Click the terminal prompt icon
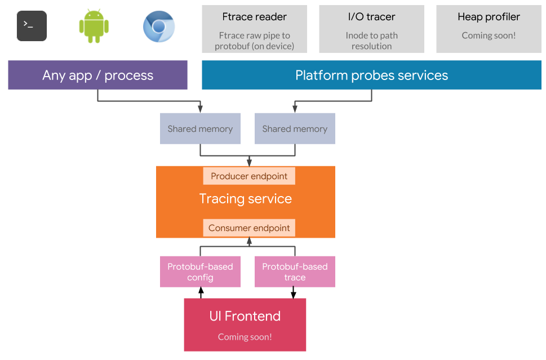coord(32,26)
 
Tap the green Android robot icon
coord(94,26)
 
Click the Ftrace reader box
coord(254,29)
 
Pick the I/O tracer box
coord(371,29)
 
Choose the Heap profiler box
coord(489,29)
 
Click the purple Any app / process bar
coord(97,75)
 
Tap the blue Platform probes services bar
coord(371,75)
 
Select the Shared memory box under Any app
coord(200,128)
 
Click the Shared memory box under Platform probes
coord(295,128)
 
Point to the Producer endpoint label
coord(249,176)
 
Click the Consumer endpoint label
coord(249,228)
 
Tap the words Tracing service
coord(246,199)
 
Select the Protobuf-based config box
coord(200,272)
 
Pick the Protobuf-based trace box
coord(295,272)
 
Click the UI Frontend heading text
coord(245,316)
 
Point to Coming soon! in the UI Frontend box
coord(245,337)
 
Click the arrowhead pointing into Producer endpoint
coord(249,163)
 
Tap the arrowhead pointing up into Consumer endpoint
coord(249,241)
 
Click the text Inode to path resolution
coord(371,41)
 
